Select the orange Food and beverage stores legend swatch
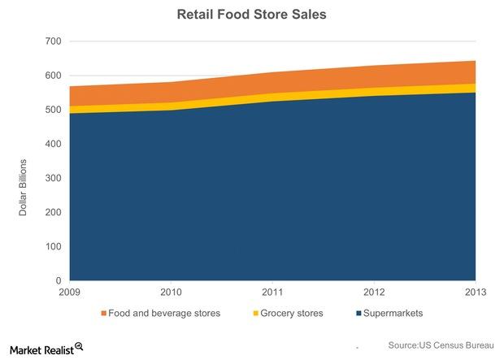[x=103, y=314]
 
